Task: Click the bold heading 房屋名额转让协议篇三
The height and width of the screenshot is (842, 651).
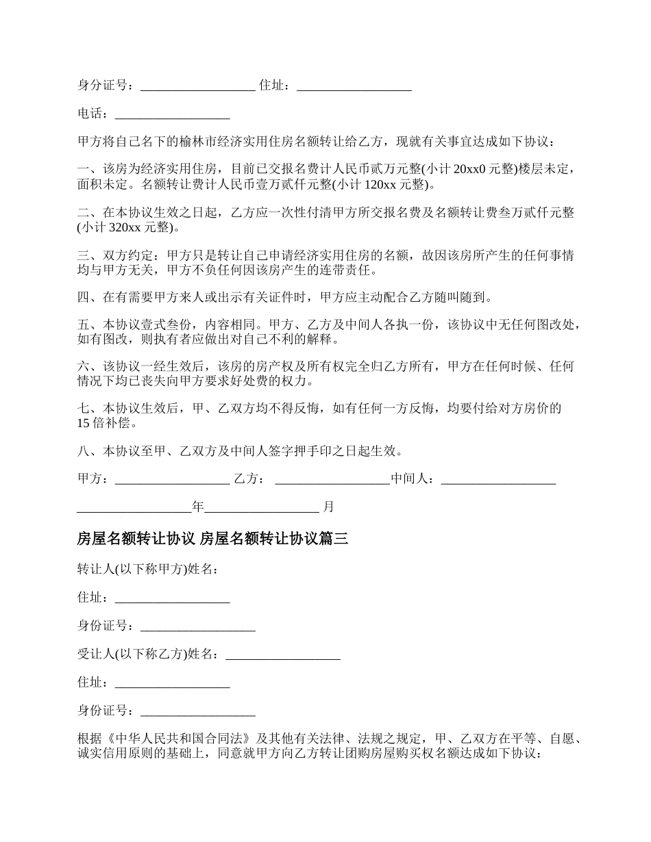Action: coord(212,539)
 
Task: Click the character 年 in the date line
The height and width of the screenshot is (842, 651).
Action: coord(198,507)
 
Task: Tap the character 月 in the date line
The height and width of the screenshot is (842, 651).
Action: coord(328,507)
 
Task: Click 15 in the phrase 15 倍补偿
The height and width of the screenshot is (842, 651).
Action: coord(84,422)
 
